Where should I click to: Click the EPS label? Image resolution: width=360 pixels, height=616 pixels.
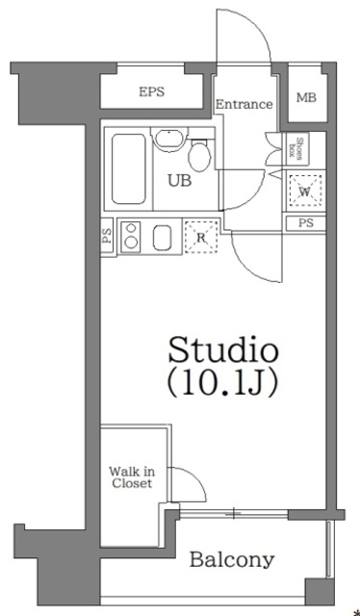pos(150,93)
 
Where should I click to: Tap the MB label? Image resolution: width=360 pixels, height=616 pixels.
pos(306,97)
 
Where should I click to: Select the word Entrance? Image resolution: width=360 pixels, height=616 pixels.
pos(244,104)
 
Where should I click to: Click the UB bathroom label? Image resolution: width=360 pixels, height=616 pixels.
pos(179,179)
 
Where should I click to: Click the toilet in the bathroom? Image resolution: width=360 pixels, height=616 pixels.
pos(201,153)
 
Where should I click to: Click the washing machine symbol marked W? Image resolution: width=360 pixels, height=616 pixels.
pos(304,192)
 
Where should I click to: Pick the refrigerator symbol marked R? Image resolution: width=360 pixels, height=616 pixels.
pos(200,237)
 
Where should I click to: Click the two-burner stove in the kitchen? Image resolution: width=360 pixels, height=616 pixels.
pos(131,238)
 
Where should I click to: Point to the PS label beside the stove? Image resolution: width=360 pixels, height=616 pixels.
pos(106,235)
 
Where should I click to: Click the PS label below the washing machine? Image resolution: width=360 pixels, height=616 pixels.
pos(305,223)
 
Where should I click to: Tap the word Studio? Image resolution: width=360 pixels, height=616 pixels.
pos(223,348)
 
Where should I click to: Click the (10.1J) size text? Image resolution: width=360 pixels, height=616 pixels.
pos(223,383)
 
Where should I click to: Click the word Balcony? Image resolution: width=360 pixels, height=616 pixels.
pos(231,559)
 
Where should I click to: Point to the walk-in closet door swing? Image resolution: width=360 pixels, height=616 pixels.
pos(188,487)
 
